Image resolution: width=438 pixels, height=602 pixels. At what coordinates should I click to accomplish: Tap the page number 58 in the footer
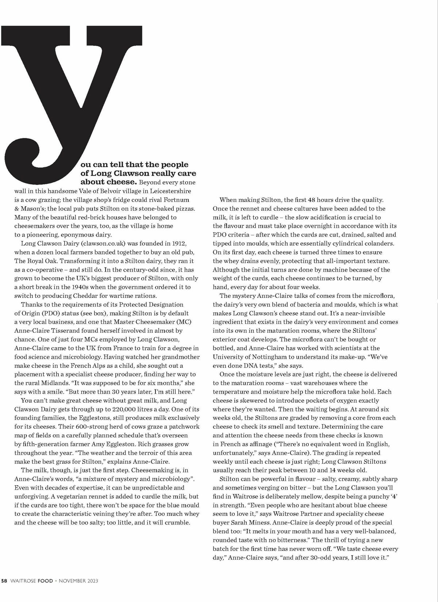[x=4, y=580]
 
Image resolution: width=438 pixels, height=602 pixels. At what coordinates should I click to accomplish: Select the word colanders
[x=379, y=243]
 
